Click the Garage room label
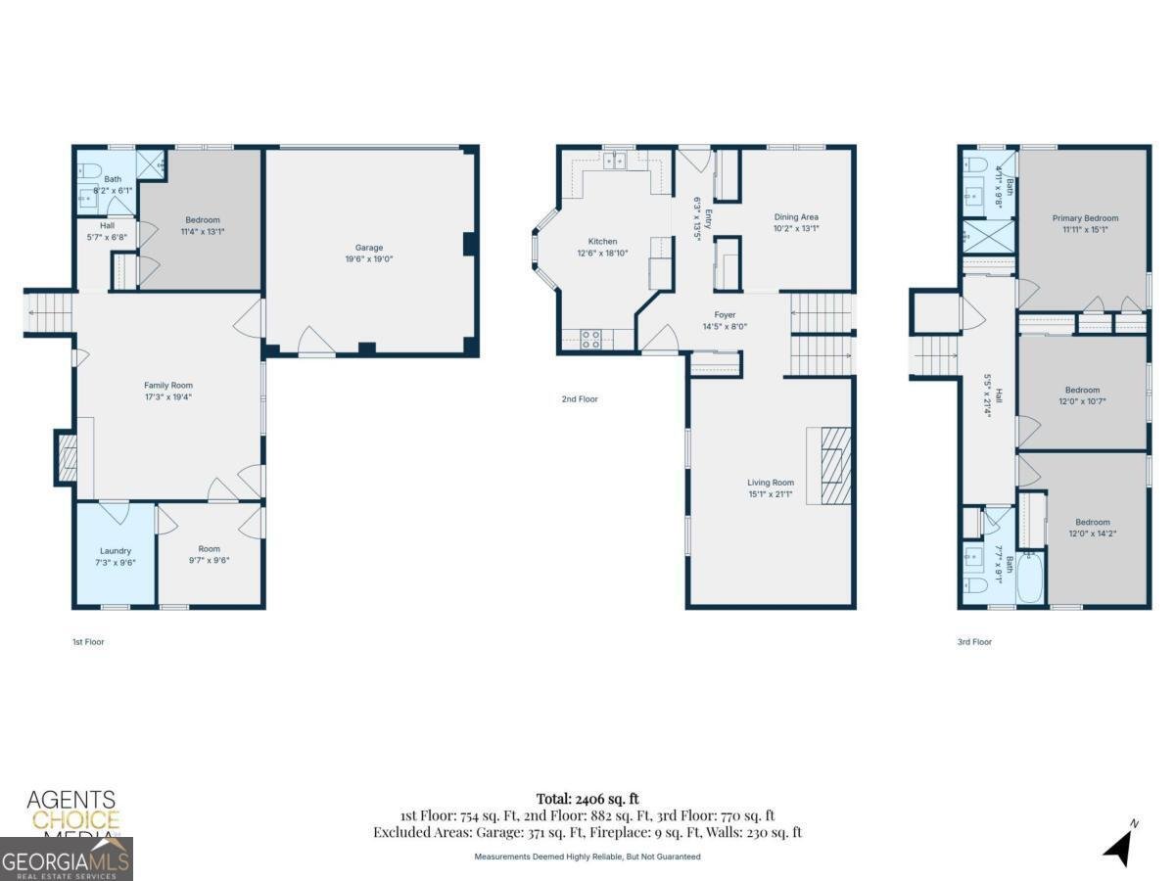click(369, 248)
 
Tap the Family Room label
click(168, 386)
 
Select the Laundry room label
click(115, 551)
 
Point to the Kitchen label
click(602, 241)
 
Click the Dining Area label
click(795, 217)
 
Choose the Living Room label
click(771, 483)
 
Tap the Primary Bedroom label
click(1085, 218)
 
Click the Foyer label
click(725, 315)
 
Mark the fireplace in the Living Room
click(830, 466)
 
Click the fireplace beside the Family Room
click(67, 458)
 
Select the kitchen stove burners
click(591, 340)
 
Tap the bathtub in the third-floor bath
click(1031, 577)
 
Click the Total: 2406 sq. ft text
click(587, 799)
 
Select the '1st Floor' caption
click(88, 642)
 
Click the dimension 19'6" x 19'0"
click(369, 259)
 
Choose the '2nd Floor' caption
click(580, 399)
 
